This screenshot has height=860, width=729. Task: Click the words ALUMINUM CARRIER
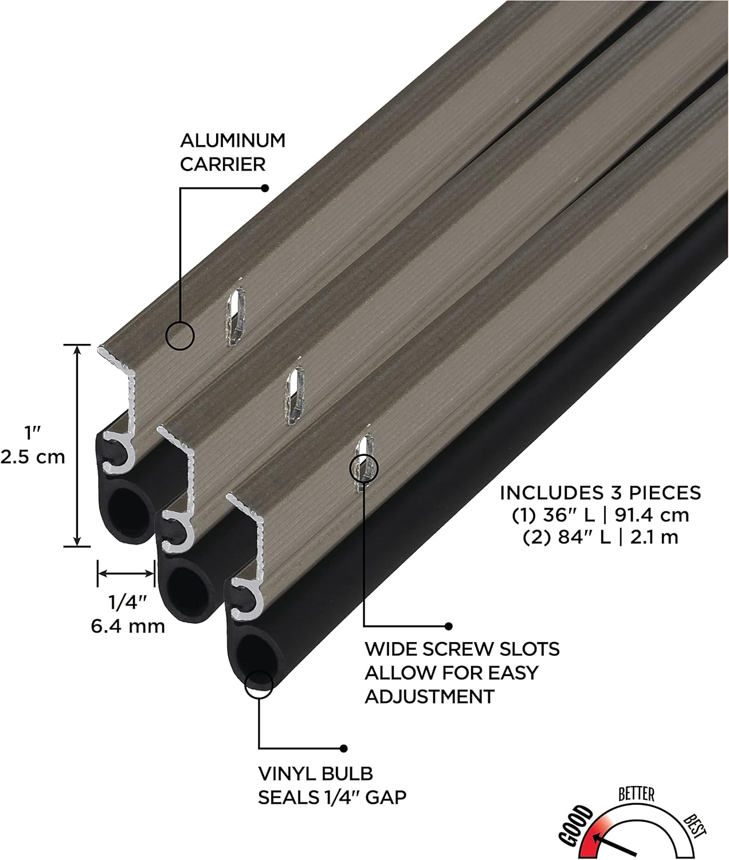[x=232, y=152]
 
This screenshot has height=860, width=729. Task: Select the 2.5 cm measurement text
[x=33, y=457]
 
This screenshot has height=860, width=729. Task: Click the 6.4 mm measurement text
[x=128, y=626]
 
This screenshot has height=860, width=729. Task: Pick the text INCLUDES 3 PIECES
[x=600, y=492]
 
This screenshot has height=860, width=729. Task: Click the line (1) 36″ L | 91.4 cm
[x=600, y=515]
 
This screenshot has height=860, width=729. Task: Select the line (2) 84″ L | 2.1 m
[x=600, y=537]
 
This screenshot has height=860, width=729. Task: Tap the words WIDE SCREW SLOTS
[x=462, y=649]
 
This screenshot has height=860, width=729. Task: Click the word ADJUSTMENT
[x=429, y=697]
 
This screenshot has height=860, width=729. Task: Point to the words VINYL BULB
[x=315, y=773]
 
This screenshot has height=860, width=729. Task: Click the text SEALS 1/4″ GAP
[x=332, y=798]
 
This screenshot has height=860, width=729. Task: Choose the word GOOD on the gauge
[x=575, y=825]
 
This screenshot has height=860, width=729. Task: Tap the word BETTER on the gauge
[x=636, y=794]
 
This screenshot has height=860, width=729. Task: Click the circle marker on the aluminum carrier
[x=179, y=335]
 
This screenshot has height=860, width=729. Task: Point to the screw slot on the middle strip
[x=295, y=396]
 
